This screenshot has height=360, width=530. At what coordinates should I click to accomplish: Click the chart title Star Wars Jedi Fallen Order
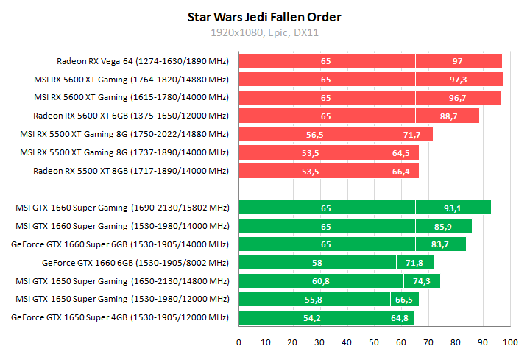265,17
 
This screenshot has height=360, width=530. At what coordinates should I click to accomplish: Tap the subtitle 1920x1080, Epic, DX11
265,32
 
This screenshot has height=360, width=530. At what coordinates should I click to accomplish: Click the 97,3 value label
458,79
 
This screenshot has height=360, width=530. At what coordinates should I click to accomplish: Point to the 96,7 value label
457,97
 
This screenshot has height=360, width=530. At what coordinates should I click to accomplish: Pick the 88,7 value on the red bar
447,116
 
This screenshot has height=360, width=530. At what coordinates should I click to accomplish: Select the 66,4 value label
401,171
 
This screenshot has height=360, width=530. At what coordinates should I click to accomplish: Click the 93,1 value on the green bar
453,208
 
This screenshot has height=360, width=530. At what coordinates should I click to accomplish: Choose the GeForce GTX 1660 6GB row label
135,263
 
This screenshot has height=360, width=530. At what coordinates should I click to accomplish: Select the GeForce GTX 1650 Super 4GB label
120,318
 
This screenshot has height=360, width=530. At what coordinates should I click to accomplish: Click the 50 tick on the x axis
374,342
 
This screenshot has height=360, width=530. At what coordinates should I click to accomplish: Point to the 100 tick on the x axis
509,342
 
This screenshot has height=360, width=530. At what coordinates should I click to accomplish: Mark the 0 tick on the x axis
239,342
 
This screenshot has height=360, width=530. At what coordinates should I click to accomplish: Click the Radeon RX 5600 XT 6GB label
131,116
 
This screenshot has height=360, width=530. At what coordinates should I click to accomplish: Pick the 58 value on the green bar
317,263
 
